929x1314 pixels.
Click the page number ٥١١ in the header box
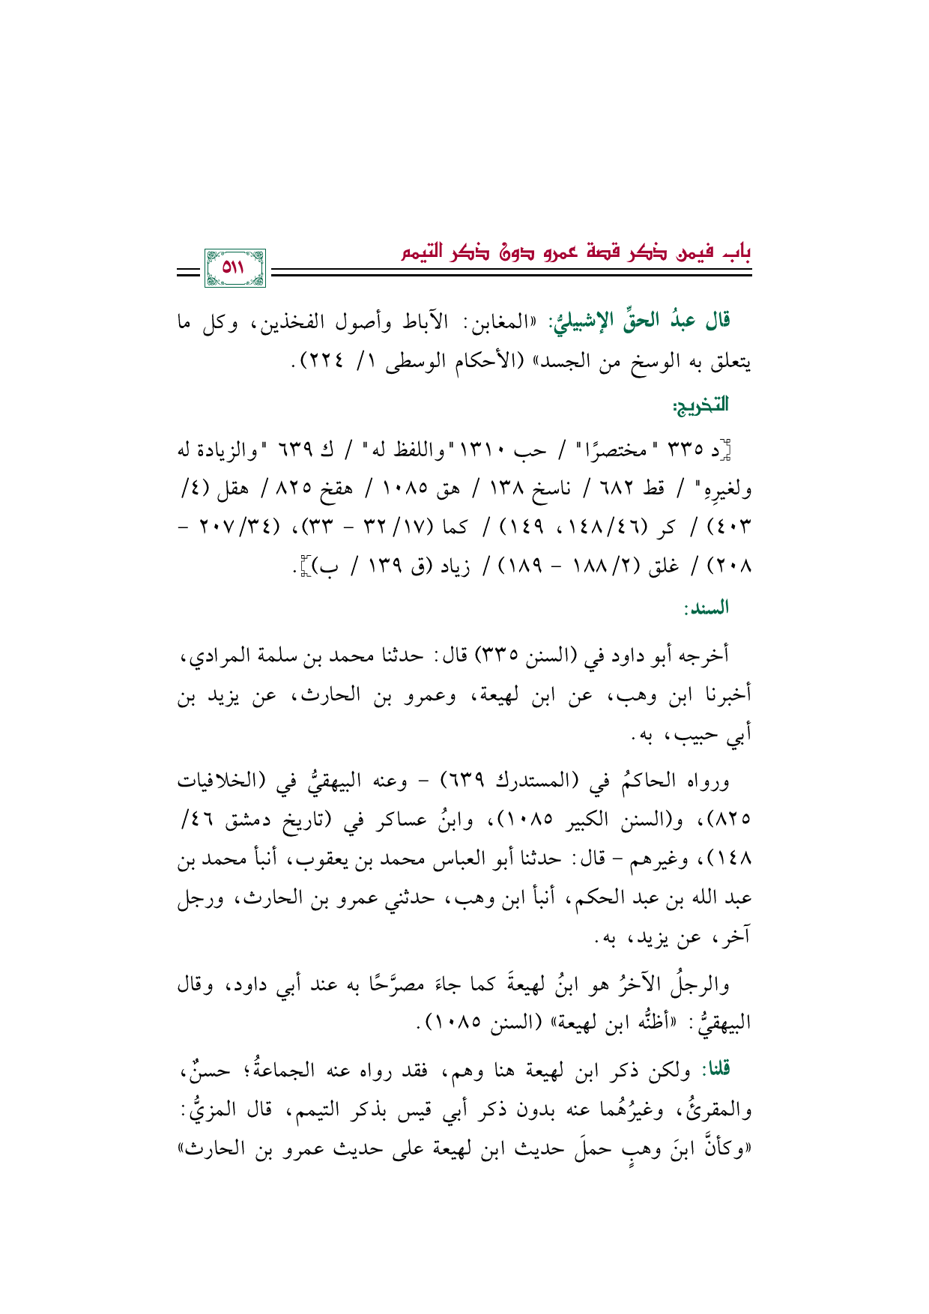pos(234,267)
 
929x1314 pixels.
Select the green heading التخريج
pos(700,407)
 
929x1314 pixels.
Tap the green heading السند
pos(706,608)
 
